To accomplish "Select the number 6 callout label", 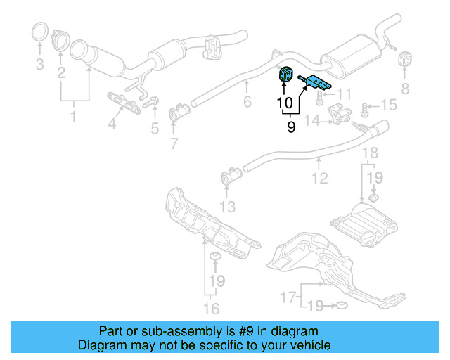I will pyautogui.click(x=246, y=103).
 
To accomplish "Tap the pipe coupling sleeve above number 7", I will pyautogui.click(x=180, y=112).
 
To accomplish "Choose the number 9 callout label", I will pyautogui.click(x=291, y=127).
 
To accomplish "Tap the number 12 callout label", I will pyautogui.click(x=320, y=179).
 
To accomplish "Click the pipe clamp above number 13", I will pyautogui.click(x=228, y=177).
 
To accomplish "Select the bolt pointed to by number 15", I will pyautogui.click(x=366, y=109).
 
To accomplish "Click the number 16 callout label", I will pyautogui.click(x=211, y=308).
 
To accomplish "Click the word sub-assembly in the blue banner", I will pyautogui.click(x=197, y=331).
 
